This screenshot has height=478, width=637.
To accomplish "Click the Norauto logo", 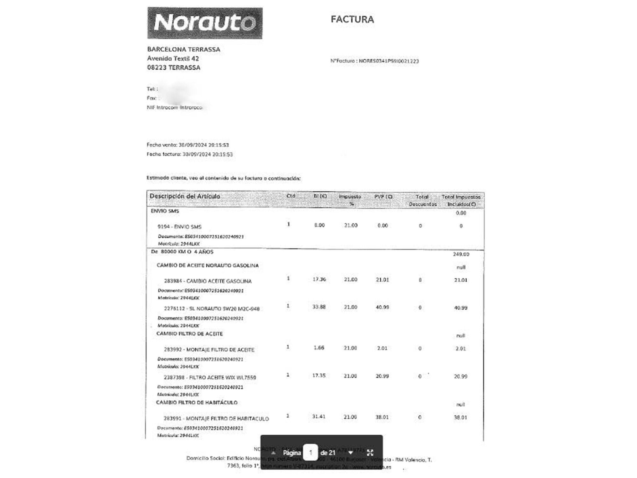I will point(205,23).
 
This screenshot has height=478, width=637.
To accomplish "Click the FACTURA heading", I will point(352,19).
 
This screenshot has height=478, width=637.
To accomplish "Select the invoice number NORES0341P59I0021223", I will point(389,61).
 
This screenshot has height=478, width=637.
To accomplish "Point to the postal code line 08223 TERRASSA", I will point(174,68).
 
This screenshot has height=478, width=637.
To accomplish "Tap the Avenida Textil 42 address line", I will point(173,58).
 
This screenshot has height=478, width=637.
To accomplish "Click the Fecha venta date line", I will point(188,145).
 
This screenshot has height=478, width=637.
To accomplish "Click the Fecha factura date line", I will point(190,154).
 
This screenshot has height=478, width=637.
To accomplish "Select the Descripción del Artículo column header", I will point(185,196).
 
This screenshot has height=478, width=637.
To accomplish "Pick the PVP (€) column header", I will point(383,197).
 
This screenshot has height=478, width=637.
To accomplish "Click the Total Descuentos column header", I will point(422,200).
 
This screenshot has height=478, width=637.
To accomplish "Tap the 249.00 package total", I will point(461,254).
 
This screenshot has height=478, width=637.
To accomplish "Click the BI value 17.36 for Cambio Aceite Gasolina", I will point(319,279).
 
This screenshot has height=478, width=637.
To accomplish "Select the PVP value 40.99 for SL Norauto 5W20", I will point(382,307).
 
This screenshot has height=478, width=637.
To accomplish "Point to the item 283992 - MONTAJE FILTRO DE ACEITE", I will point(209,350).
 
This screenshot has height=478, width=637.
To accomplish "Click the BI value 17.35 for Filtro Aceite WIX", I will point(318,376).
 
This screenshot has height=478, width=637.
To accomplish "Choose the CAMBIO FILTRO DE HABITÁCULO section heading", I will point(197,402).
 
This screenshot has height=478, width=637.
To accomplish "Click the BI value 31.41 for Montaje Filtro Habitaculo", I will point(318,416).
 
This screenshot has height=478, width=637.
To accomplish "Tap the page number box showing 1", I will point(310,453).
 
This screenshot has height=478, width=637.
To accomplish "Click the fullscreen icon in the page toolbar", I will point(370,453).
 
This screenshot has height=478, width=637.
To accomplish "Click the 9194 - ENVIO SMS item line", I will point(179,227).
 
